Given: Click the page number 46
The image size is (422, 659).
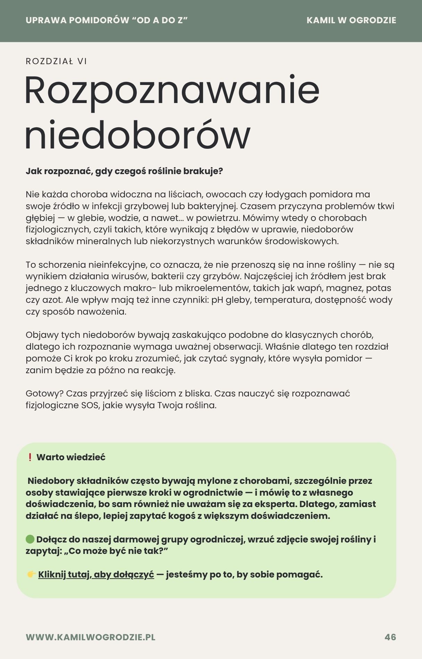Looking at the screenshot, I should pos(390,637).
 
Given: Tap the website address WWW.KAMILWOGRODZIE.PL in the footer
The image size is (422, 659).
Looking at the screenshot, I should pos(90,637).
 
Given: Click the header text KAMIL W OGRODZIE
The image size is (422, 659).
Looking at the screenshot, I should pos(351,20).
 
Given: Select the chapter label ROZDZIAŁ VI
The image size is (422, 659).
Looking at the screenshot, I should pos(56,61).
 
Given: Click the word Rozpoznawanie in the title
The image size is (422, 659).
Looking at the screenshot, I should pos(172,91).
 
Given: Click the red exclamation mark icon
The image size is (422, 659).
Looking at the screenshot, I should pos(30,457).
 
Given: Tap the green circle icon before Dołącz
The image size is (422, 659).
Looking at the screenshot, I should pos(30,539).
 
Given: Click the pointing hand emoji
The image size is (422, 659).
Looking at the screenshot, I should pos(31,575).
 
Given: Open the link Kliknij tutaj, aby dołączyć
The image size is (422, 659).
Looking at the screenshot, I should pos(96,575).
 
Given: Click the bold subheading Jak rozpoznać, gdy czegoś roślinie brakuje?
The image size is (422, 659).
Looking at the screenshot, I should pos(124,171).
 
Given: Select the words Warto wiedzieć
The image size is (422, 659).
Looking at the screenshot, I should pos(71,457).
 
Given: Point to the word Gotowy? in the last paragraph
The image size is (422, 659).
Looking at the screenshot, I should pos(44,394).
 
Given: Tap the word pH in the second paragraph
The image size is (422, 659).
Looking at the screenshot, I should pos(217,300).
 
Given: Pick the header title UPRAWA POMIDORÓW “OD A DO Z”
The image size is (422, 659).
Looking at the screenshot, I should pos(107,20).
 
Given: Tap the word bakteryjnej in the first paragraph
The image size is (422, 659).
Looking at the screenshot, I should pos(212,206).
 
